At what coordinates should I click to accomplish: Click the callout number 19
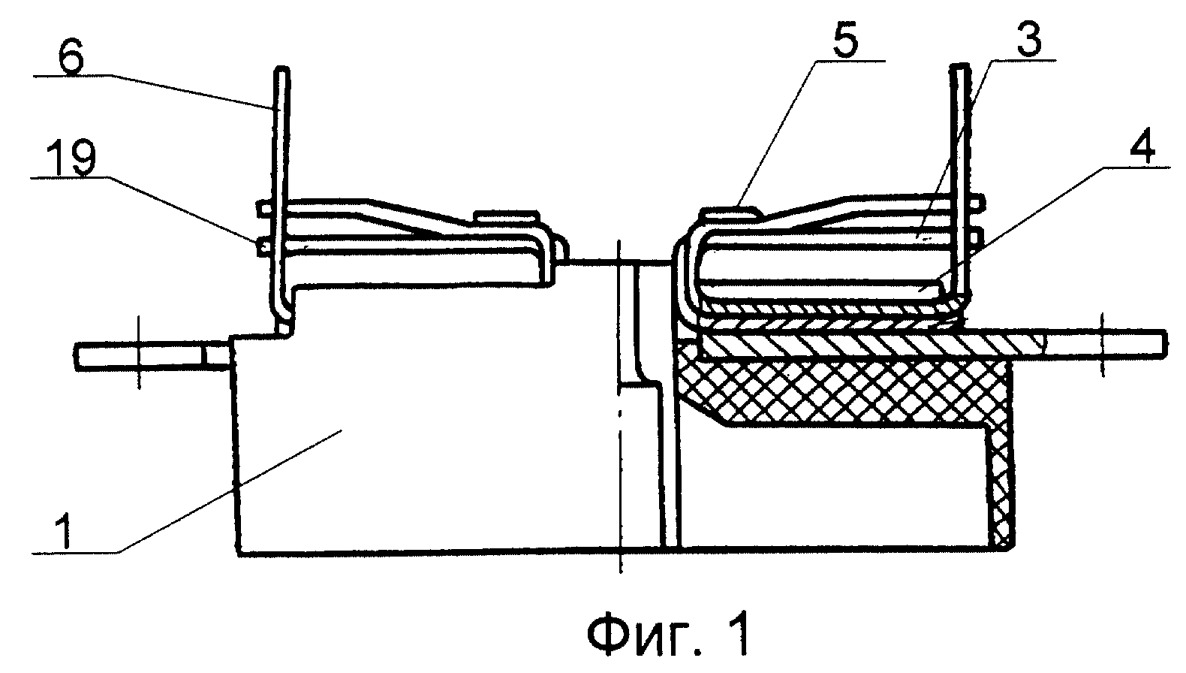click(x=71, y=158)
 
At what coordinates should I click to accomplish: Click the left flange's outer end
click(x=77, y=356)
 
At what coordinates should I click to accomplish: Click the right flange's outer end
click(x=1165, y=343)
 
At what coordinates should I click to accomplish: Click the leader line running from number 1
click(x=230, y=492)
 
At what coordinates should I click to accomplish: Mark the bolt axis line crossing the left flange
click(x=140, y=352)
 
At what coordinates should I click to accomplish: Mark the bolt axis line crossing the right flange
click(x=1103, y=345)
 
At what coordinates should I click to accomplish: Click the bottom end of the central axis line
click(x=621, y=572)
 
